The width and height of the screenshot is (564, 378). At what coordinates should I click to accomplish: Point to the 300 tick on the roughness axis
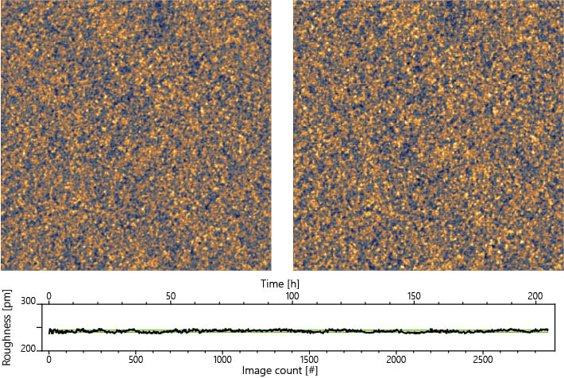[29, 303]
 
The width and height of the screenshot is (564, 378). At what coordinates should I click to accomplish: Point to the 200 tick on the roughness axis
[29, 349]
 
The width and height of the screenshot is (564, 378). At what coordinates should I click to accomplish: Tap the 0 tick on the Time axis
[49, 295]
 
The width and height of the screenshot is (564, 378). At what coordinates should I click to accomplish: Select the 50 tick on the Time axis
[171, 295]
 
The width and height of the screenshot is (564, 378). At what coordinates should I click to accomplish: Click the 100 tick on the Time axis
[292, 295]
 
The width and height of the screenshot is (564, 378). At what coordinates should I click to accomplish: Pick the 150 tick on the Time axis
[414, 295]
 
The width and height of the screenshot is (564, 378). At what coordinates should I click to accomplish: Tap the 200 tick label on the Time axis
[535, 295]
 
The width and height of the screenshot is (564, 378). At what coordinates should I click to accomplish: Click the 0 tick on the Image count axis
[49, 359]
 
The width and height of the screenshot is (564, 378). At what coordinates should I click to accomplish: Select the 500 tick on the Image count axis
[136, 359]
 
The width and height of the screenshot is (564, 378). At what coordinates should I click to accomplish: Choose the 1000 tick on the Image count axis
[222, 359]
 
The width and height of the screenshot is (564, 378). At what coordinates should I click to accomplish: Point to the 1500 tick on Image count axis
[310, 359]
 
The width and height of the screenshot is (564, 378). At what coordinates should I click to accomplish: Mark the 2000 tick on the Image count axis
[396, 359]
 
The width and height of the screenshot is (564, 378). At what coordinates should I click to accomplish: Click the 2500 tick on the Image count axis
[483, 359]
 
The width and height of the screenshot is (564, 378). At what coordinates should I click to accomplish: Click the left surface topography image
[136, 135]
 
